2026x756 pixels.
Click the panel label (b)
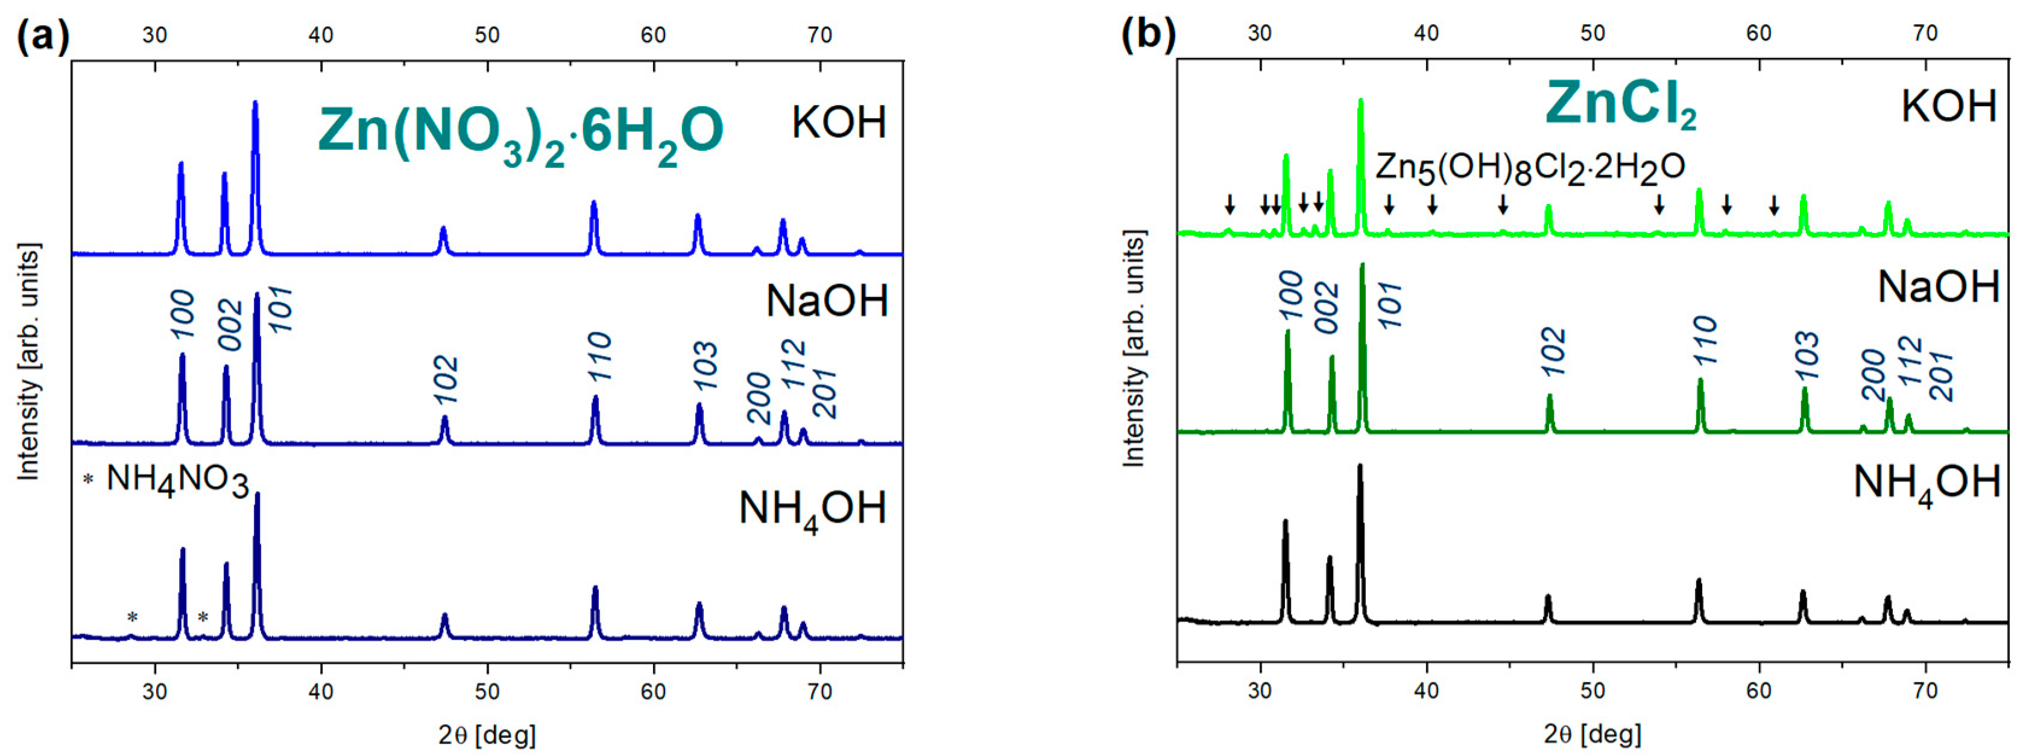pos(1147,34)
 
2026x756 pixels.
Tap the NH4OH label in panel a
pos(812,510)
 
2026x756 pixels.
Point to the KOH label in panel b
pos(1948,106)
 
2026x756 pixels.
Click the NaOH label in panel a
pos(827,300)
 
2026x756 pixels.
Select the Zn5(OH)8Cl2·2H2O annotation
pos(1530,168)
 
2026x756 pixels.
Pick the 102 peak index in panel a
pos(446,380)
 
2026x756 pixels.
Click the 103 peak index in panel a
pos(705,366)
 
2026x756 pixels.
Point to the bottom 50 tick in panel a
pos(487,691)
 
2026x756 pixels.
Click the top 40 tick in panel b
pos(1426,33)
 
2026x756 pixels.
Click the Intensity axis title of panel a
pos(28,362)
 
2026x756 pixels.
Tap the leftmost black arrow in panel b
pos(1229,205)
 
